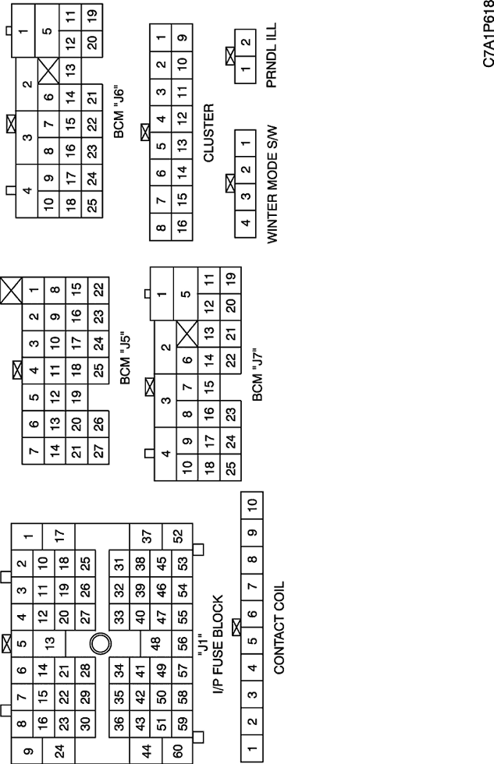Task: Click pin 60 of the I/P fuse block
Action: tap(177, 750)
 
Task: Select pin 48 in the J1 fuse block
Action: tap(156, 644)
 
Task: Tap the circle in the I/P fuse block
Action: tap(101, 644)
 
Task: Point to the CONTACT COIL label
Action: tap(279, 628)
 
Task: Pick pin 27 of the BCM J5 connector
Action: tap(98, 451)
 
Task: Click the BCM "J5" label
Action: tap(126, 359)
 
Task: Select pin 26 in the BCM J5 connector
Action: tap(98, 424)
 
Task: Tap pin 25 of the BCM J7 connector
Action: tap(231, 467)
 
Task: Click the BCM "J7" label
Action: tap(258, 374)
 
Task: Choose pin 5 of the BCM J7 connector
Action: tap(186, 294)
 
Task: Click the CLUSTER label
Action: tap(208, 133)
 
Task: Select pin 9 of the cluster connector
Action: tap(182, 37)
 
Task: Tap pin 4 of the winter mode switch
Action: tap(245, 225)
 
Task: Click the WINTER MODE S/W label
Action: tap(272, 185)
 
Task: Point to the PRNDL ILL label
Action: tap(272, 55)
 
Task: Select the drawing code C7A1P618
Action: tap(489, 34)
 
